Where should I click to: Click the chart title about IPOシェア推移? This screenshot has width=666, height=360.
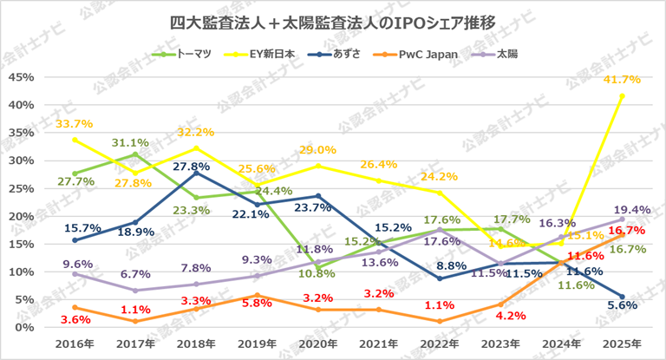coord(333,22)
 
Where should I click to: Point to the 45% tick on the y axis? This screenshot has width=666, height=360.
coord(20,77)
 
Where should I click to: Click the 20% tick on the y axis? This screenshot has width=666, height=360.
coord(20,216)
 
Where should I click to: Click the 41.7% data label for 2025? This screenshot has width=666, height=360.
coord(622,80)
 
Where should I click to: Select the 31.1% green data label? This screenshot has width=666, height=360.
coord(134,142)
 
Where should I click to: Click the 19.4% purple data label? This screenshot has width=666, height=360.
coord(622,210)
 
